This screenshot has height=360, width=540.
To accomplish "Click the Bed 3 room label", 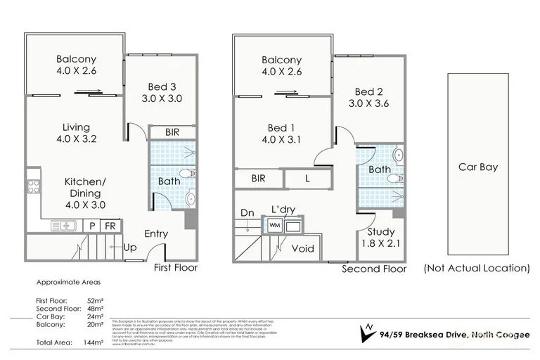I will coord(158,93).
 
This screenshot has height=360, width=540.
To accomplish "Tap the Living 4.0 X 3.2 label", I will coord(75,133).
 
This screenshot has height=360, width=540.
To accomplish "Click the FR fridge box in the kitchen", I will coord(110,226).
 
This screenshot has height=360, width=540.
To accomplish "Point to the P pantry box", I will coord(92,226).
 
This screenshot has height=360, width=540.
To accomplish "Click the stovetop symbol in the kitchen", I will coord(33,187).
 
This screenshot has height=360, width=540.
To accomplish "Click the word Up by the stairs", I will coord(130,248).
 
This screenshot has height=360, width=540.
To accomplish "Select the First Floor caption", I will coord(176,268).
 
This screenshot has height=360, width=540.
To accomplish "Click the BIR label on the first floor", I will coord(172,132).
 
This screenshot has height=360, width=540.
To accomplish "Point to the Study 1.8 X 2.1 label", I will coord(381,238).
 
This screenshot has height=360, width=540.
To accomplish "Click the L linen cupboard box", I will coord(307,179).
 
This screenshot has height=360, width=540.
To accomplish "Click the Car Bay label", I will coord(478,167).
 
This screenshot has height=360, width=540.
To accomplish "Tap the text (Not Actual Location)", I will coord(477,268).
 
